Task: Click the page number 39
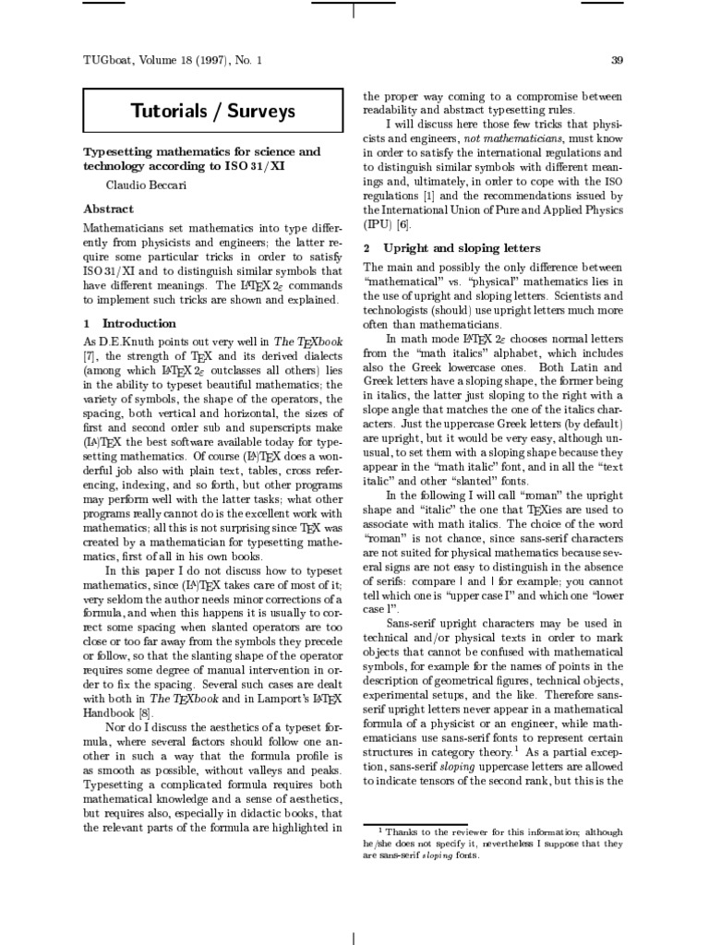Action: (x=619, y=60)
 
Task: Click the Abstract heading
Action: (x=109, y=209)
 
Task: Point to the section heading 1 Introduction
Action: (x=129, y=323)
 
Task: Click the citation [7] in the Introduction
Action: (x=92, y=357)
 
